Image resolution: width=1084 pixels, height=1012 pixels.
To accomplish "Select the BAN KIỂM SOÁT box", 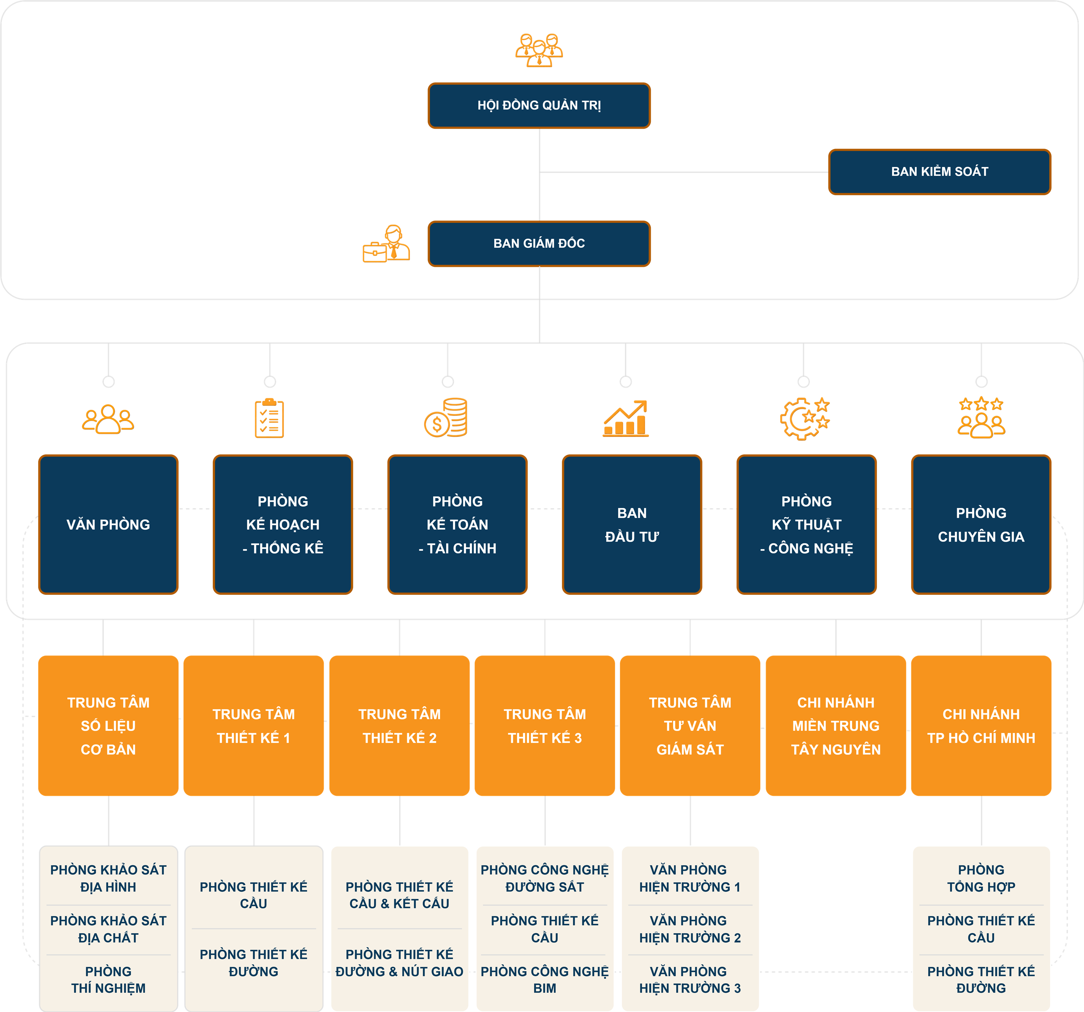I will (x=939, y=172).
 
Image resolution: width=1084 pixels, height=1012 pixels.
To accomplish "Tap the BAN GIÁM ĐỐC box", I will (x=539, y=244).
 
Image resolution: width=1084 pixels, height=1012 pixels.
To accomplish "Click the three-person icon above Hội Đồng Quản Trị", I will (x=539, y=50).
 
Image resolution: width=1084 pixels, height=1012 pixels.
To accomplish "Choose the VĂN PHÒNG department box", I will (x=108, y=524).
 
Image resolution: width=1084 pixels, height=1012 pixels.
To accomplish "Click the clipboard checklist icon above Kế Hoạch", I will (x=269, y=418).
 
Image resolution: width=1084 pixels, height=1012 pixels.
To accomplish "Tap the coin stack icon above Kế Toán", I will (x=446, y=418).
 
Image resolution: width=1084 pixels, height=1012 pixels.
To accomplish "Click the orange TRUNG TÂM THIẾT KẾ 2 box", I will (x=399, y=726).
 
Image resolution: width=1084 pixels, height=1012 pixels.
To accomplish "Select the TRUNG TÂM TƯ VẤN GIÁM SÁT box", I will (x=690, y=726).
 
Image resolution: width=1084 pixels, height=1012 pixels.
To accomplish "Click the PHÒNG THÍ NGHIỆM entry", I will (x=108, y=980).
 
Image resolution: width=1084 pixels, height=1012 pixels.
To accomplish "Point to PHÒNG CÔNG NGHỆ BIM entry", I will (x=544, y=980).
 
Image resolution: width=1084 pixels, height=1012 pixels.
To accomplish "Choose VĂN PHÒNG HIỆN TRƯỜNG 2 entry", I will (x=690, y=929).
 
